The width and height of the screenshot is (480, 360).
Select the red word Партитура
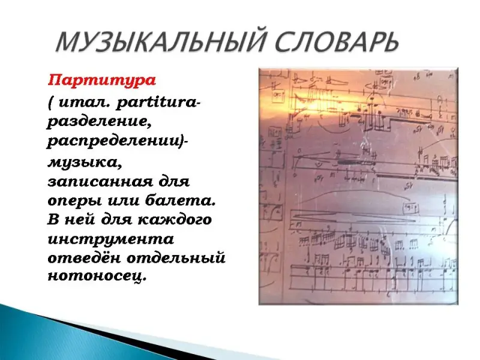tap(101, 81)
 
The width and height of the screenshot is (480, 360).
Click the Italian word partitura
tap(157, 103)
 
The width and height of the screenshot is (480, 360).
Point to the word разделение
tap(99, 122)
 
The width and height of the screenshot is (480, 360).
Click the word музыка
tap(84, 162)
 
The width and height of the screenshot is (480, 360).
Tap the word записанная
tap(100, 182)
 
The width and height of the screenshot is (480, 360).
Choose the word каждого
tap(174, 220)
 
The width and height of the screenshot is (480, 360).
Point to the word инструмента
tap(110, 239)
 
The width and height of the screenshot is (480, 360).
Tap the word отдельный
tap(176, 258)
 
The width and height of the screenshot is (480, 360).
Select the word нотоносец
tap(96, 277)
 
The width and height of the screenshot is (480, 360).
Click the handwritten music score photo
tap(358, 186)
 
